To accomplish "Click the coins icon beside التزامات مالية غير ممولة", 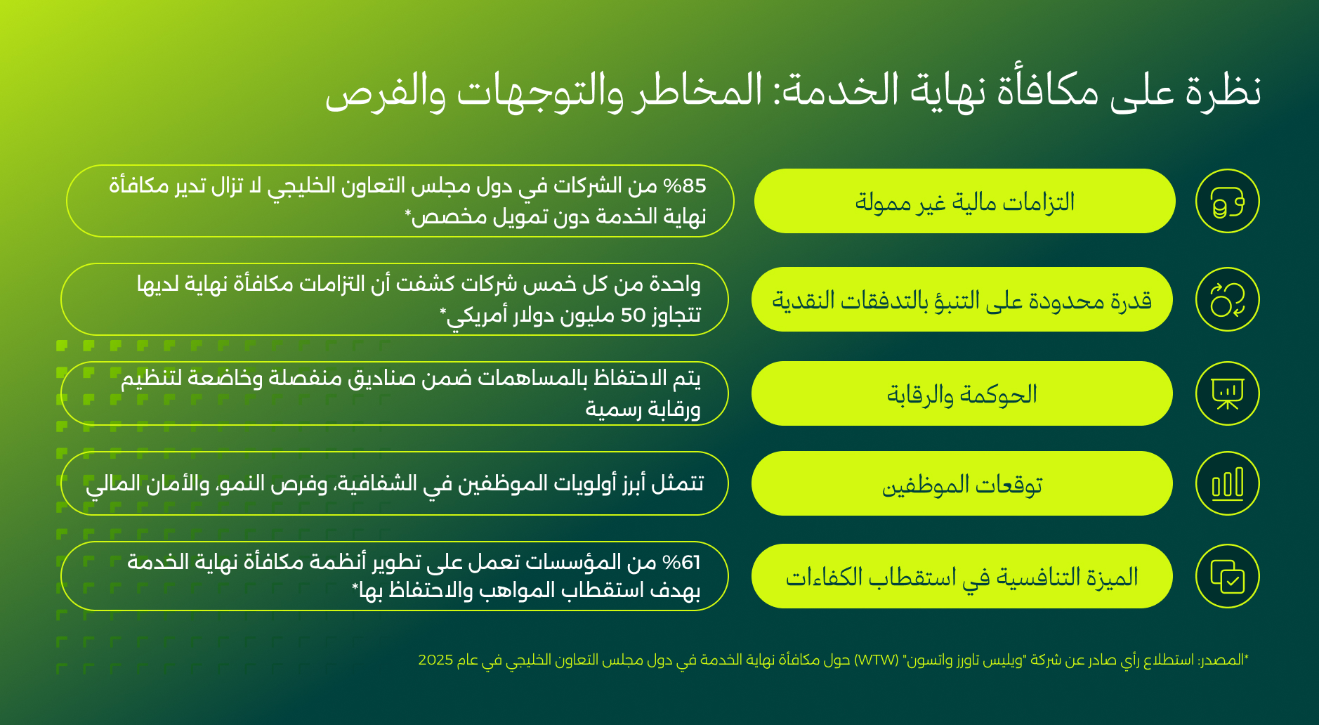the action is (x=1227, y=201).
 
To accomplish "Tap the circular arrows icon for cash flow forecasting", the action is (x=1227, y=299).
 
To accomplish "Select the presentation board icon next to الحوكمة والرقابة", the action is (x=1227, y=393).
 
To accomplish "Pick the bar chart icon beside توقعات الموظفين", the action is (x=1227, y=483).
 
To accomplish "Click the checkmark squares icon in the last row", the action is (x=1227, y=576).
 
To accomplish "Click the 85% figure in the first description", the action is (x=685, y=186).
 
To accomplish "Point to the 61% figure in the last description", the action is (x=682, y=563).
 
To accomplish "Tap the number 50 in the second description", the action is (x=633, y=315).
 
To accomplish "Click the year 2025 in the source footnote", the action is (x=435, y=660).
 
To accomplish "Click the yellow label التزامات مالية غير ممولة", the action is (x=965, y=201).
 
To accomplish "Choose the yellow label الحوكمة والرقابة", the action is (x=962, y=393).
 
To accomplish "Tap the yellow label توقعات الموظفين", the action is (x=962, y=483).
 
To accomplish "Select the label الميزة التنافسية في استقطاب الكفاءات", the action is (x=962, y=576).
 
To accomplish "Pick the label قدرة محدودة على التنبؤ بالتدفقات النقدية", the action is (x=962, y=299).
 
